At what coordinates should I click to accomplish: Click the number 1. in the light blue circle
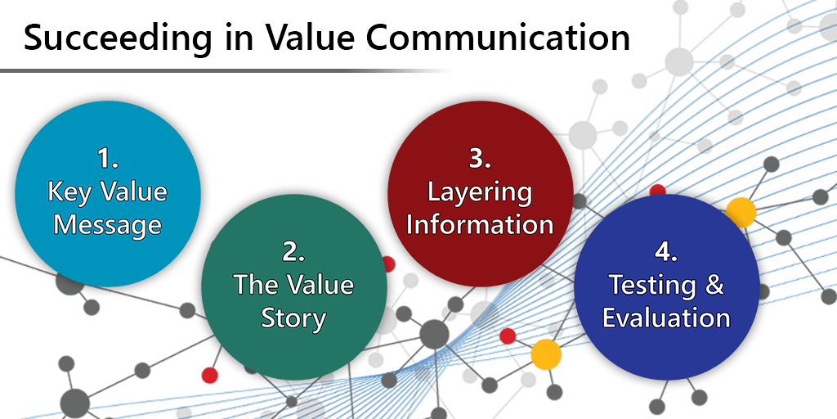coord(108,159)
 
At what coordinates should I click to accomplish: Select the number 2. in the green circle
coord(293,252)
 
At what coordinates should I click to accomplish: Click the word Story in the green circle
coord(293,319)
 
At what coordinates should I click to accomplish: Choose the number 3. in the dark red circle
coord(481,160)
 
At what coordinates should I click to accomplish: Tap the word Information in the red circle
coord(480,225)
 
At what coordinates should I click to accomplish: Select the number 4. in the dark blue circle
coord(666,252)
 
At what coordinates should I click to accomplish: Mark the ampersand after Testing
coord(714,285)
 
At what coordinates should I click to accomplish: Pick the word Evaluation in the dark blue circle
coord(666,318)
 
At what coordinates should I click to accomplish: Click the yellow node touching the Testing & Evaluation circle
coord(741,212)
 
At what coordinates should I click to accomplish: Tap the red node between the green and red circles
coord(388,264)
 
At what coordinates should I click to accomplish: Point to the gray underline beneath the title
coord(224,70)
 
